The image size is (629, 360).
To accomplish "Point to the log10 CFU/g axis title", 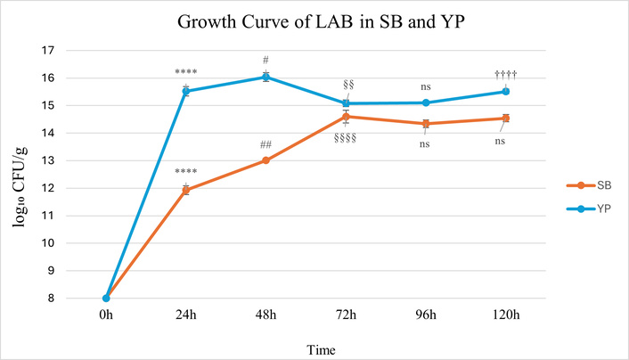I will click(21, 174).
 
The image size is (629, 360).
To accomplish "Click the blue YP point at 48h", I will click(265, 77).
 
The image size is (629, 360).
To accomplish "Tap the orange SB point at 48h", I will click(265, 160).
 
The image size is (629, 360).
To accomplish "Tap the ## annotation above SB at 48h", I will click(265, 144).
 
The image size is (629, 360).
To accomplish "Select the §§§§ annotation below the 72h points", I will click(346, 138).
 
